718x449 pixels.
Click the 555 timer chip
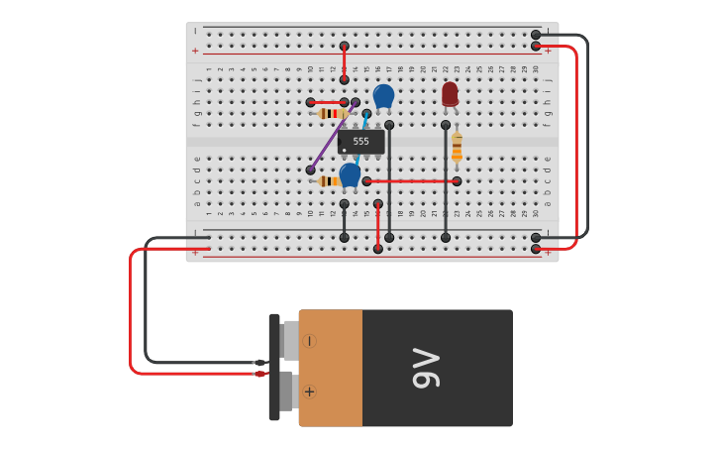click(x=360, y=142)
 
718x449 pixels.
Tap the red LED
click(x=450, y=93)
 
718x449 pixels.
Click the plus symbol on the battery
click(x=309, y=392)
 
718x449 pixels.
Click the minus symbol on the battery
click(x=309, y=341)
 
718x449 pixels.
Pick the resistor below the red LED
click(x=457, y=147)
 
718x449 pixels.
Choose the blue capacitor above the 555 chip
click(x=383, y=96)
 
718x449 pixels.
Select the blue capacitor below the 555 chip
click(x=350, y=174)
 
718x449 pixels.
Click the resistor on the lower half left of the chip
click(x=329, y=181)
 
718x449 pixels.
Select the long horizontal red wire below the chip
click(x=411, y=181)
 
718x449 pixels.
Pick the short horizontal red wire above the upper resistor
click(x=327, y=102)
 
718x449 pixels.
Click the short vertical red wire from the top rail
click(x=345, y=62)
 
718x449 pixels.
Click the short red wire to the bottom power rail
click(x=378, y=226)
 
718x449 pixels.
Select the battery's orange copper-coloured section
click(x=331, y=368)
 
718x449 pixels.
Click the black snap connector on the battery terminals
click(x=274, y=368)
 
